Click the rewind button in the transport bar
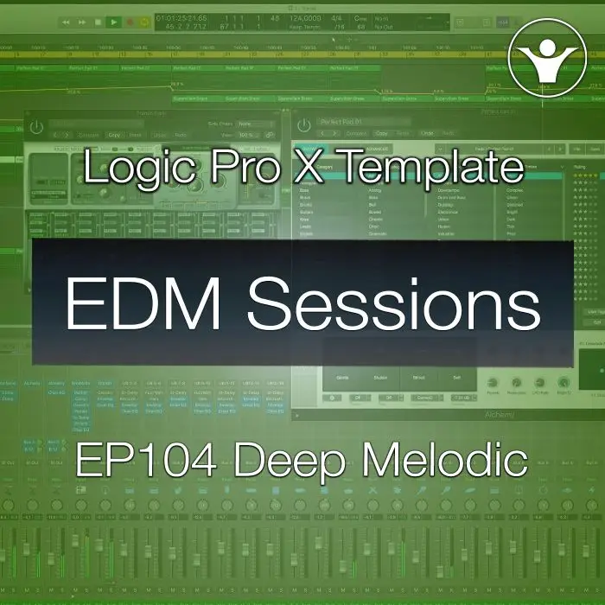point(66,22)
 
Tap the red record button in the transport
point(131,22)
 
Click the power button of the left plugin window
point(36,127)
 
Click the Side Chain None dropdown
point(256,124)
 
